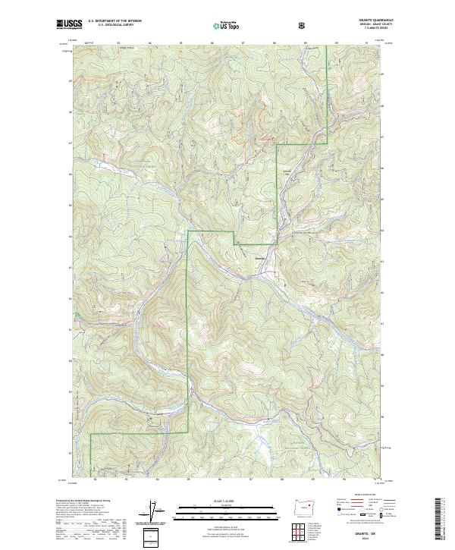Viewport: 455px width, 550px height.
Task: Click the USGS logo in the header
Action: pyautogui.click(x=69, y=25)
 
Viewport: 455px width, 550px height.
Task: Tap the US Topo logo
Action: pyautogui.click(x=227, y=25)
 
